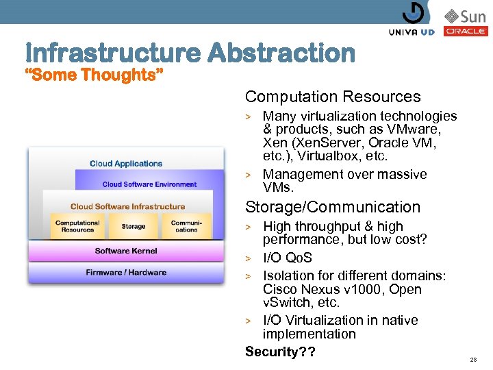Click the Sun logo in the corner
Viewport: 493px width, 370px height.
(x=465, y=15)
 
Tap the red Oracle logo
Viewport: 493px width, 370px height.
(x=466, y=32)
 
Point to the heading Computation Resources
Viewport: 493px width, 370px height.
(x=333, y=97)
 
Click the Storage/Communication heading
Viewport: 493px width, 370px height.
(x=333, y=207)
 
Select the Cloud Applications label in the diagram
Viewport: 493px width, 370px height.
(x=126, y=164)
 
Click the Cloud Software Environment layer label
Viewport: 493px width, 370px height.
(x=149, y=184)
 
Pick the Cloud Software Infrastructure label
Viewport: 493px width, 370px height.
(x=127, y=206)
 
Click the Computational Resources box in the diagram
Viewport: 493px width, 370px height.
(x=77, y=226)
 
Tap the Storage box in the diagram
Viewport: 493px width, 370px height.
(x=133, y=226)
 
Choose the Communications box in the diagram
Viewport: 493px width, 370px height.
(x=186, y=226)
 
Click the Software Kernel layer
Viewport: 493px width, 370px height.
(x=126, y=251)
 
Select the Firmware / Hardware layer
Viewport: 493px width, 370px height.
(x=126, y=272)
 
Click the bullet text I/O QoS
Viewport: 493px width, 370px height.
(x=288, y=258)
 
